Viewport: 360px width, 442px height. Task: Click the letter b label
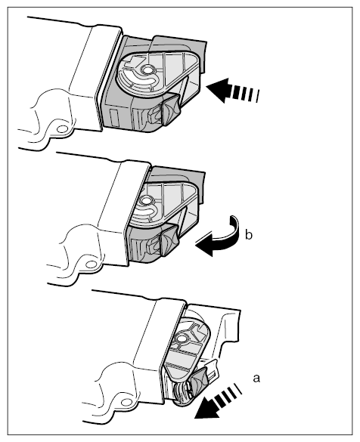(x=249, y=235)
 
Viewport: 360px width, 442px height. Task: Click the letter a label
(x=256, y=379)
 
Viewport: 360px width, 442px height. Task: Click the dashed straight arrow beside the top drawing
(x=232, y=91)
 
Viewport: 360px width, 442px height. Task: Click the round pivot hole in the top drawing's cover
(x=147, y=70)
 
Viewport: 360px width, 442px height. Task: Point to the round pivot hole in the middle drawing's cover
(x=146, y=201)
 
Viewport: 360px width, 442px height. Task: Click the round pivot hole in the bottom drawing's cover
(x=181, y=338)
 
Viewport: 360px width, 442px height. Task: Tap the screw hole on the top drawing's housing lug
(x=62, y=129)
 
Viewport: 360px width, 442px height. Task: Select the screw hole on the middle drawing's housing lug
(x=91, y=264)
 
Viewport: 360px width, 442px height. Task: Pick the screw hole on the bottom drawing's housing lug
(x=126, y=402)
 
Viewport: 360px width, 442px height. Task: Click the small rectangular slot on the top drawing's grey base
(x=114, y=118)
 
